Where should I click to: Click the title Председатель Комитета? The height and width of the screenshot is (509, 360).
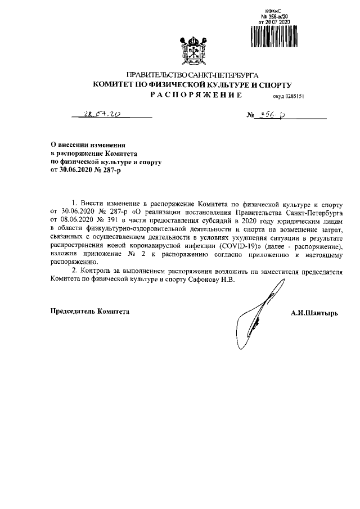tap(90, 311)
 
